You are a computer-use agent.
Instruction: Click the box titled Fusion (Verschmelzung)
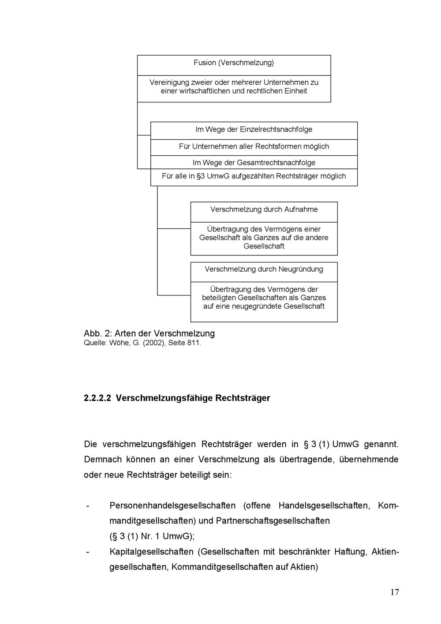point(234,63)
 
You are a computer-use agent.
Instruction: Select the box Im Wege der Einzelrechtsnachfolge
point(254,130)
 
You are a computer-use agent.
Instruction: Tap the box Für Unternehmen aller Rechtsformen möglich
point(254,146)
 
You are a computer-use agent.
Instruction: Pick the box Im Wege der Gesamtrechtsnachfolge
point(254,163)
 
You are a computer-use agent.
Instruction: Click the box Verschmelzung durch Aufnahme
point(264,209)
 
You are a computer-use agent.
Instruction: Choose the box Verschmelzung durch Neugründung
point(264,269)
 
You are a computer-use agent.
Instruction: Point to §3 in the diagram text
point(200,176)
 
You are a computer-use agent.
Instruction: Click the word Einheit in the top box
point(296,91)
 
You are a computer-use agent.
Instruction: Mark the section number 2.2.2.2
point(98,398)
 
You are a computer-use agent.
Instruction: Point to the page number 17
point(394,592)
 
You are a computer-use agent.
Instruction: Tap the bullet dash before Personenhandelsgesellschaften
point(87,505)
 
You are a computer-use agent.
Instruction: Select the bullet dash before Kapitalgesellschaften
point(87,552)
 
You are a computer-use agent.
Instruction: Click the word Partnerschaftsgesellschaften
point(273,521)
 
